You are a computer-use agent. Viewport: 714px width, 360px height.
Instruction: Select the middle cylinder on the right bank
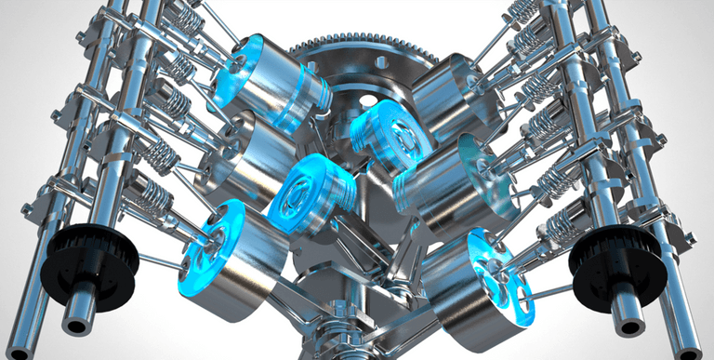[x=465, y=181]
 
